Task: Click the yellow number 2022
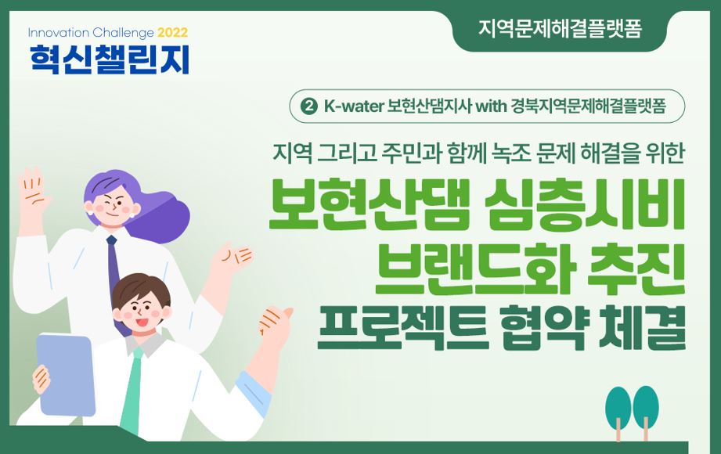(x=172, y=33)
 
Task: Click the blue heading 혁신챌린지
(x=110, y=59)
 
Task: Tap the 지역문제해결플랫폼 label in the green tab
(x=560, y=28)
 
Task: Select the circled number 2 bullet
(x=309, y=106)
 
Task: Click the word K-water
(x=354, y=106)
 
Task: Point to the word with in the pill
(x=490, y=106)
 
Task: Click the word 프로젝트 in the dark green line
(x=403, y=326)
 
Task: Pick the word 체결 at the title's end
(x=643, y=326)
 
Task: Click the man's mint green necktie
(x=132, y=390)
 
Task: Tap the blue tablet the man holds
(x=66, y=374)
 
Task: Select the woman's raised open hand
(x=33, y=193)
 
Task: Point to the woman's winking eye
(x=107, y=202)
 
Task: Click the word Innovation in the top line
(x=59, y=33)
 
